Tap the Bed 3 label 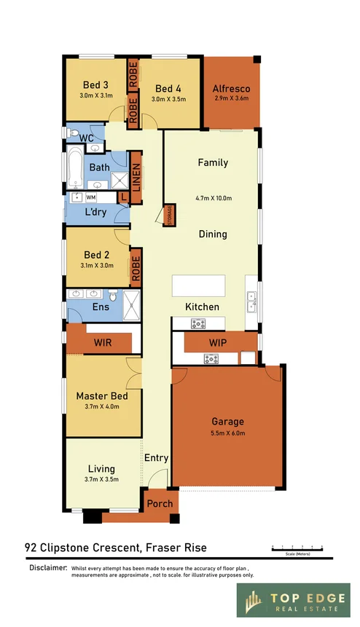click(96, 84)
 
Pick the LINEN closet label click(136, 176)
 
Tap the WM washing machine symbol click(91, 197)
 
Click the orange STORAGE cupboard click(168, 216)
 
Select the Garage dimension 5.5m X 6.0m click(227, 434)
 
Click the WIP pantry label click(219, 342)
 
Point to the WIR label click(103, 342)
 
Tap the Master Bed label click(102, 396)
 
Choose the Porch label click(160, 503)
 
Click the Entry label click(157, 458)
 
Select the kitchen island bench click(198, 285)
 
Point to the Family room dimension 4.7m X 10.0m click(213, 198)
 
